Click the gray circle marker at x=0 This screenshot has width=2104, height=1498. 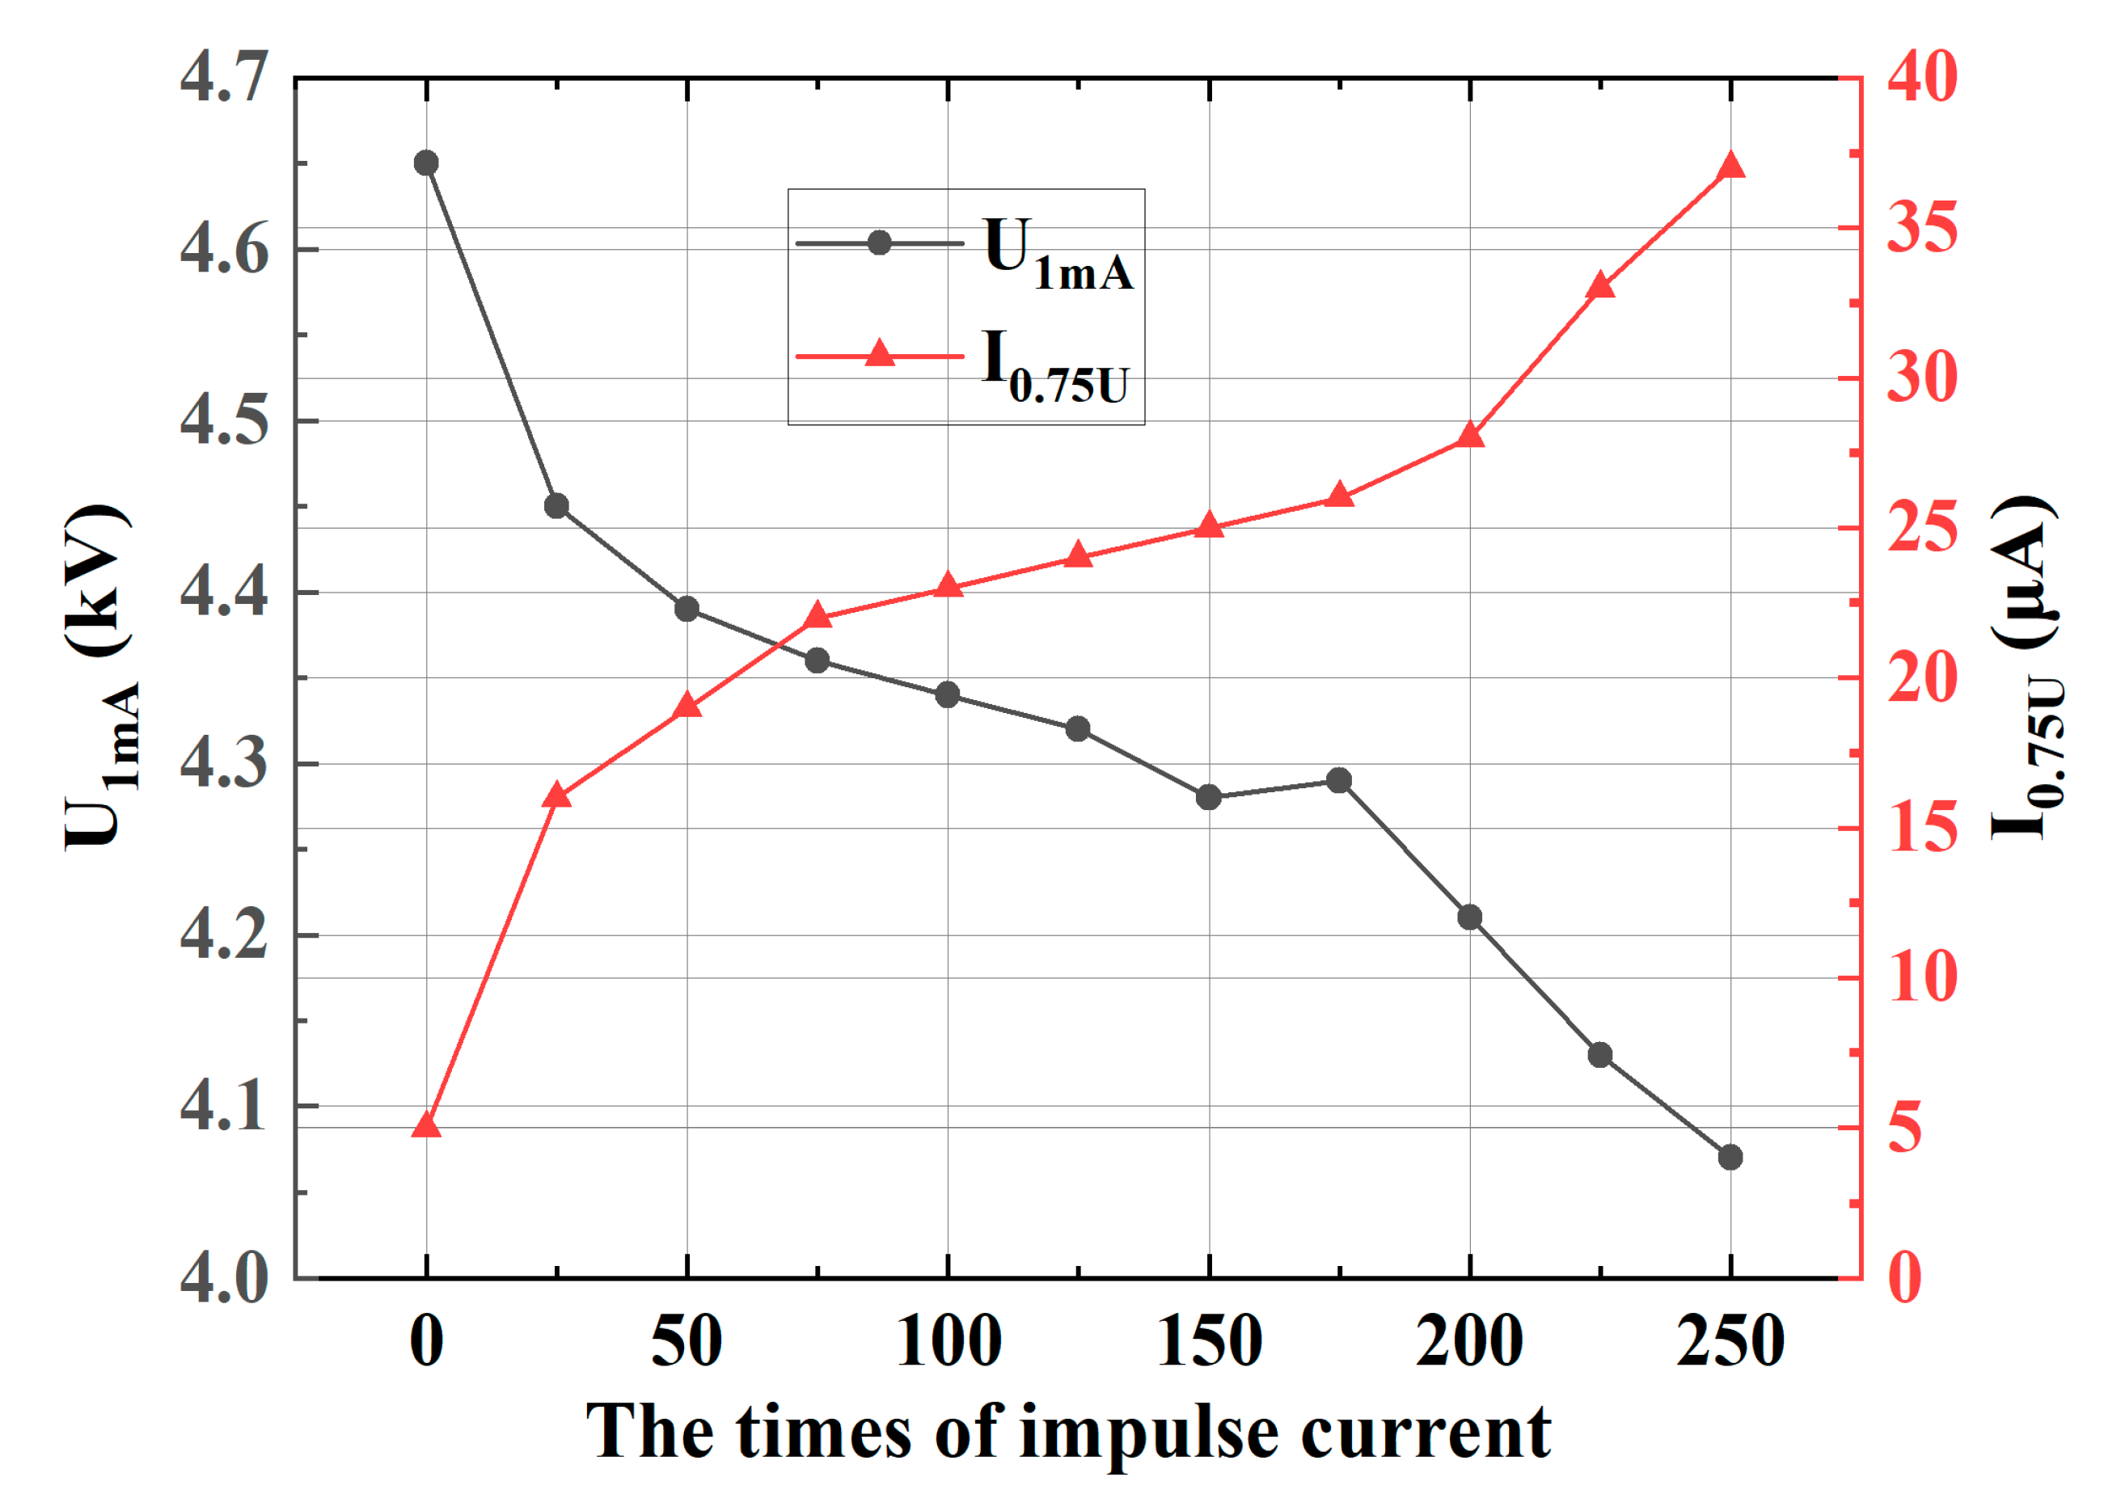point(426,163)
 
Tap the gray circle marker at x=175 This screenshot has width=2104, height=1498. point(1338,780)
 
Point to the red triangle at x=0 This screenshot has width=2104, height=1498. point(426,1126)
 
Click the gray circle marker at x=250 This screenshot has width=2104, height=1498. point(1730,1157)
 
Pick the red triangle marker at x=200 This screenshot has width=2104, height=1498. point(1470,437)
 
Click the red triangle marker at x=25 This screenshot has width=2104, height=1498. point(556,796)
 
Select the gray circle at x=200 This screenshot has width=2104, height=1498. point(1470,917)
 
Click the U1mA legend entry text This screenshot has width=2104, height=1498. point(1057,254)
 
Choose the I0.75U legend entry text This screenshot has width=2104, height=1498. point(1054,367)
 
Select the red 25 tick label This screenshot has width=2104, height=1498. point(1922,528)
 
